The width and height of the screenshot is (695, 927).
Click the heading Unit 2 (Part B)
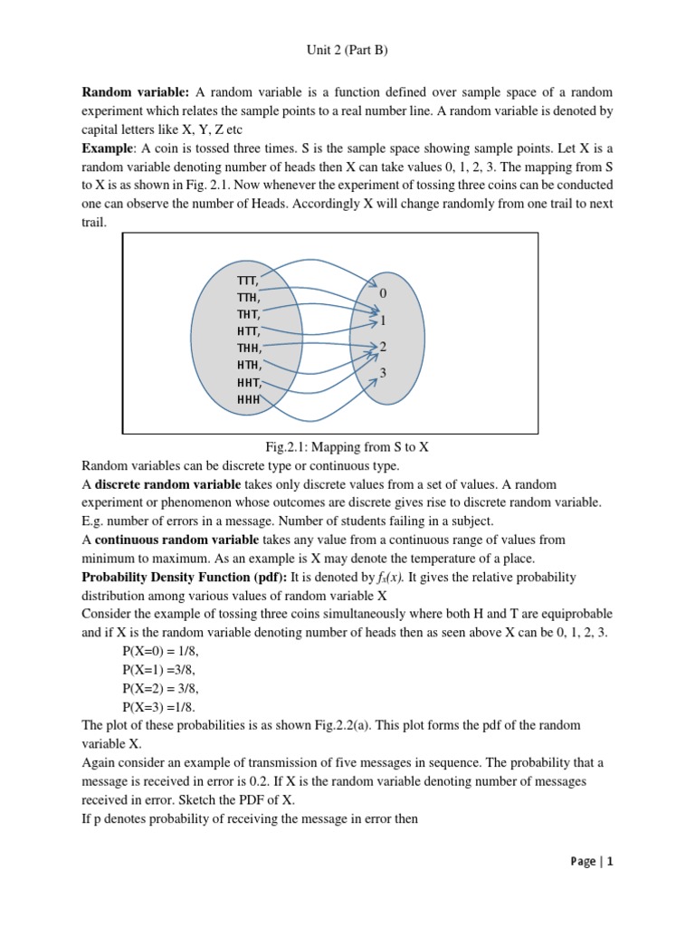click(x=347, y=51)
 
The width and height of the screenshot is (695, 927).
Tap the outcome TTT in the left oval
click(x=248, y=282)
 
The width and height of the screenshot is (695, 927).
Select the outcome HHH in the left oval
click(x=248, y=398)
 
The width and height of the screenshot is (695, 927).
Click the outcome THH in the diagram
click(x=249, y=349)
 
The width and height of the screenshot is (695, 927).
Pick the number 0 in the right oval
click(x=383, y=294)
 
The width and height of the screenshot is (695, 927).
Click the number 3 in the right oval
click(x=383, y=373)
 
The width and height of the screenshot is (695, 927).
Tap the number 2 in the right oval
click(x=383, y=347)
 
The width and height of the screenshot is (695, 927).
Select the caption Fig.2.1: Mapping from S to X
click(x=347, y=447)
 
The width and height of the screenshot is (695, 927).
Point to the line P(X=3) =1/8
click(x=158, y=706)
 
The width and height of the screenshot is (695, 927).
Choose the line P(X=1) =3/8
click(x=158, y=670)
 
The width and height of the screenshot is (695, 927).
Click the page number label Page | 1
click(x=592, y=862)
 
